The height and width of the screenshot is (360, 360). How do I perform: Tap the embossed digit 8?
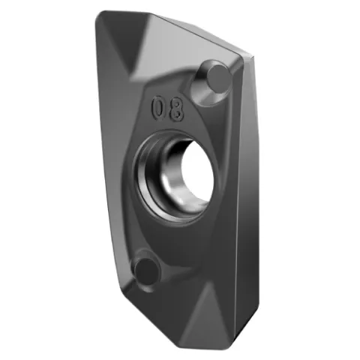(x=177, y=110)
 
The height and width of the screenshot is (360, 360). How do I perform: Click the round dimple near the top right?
(x=219, y=75)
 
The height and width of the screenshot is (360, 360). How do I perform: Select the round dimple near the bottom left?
(x=147, y=270)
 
